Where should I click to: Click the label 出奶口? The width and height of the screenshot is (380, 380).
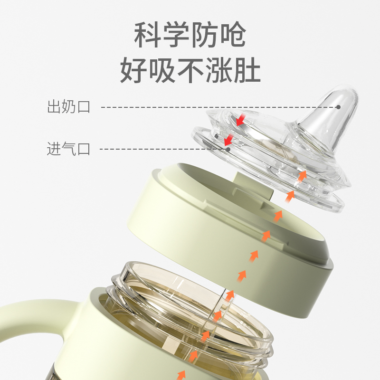pos(68,106)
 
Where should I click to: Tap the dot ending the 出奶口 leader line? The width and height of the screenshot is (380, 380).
pos(338,107)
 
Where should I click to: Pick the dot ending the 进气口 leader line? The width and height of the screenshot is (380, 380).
pos(228,149)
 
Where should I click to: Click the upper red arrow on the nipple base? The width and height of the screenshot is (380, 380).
pos(241,119)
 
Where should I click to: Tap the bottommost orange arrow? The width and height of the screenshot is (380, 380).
pos(181,374)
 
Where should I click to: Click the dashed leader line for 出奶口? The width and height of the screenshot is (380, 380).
pos(214,107)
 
